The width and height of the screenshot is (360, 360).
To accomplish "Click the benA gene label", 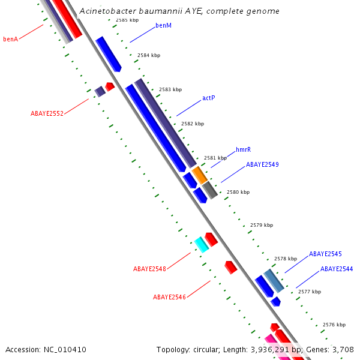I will click(x=11, y=39).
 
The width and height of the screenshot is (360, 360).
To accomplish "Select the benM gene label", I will click(x=163, y=25).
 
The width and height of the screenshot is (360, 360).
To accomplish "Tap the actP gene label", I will click(x=208, y=98).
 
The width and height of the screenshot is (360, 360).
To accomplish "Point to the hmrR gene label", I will click(x=243, y=149).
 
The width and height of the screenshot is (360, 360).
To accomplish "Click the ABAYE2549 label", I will click(x=262, y=164).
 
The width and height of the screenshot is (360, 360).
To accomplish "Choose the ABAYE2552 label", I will click(x=47, y=113).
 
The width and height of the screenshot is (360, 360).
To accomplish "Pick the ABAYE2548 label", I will click(x=149, y=269).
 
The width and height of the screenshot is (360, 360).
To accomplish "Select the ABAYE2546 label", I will click(x=169, y=297).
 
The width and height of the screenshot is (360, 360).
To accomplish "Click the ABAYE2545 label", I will click(x=325, y=254).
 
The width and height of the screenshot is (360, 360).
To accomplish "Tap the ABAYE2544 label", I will click(x=337, y=269).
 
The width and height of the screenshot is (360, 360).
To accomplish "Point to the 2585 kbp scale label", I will click(x=127, y=20).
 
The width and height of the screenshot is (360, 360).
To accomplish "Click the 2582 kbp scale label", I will click(x=193, y=124).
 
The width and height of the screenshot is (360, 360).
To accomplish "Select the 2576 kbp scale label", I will click(x=334, y=325).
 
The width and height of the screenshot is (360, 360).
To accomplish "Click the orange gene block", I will click(x=200, y=175).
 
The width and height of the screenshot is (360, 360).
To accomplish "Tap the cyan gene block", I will click(x=201, y=244).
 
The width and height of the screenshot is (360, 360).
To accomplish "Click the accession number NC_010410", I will click(x=65, y=349).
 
